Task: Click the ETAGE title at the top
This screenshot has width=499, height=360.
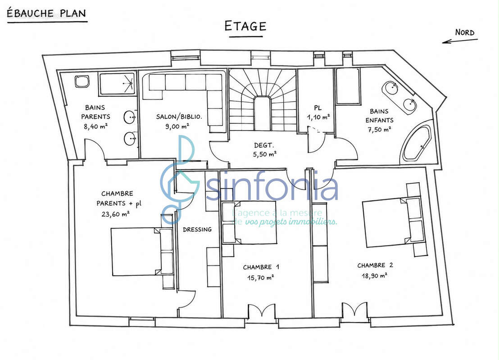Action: [x=245, y=26]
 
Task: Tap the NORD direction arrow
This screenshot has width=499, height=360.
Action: [x=460, y=41]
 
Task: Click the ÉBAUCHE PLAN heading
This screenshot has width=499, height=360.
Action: [x=46, y=13]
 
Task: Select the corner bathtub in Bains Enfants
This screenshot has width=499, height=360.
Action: [x=416, y=144]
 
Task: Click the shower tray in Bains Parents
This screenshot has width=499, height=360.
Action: [x=118, y=84]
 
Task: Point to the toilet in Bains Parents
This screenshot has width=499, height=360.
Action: [x=82, y=81]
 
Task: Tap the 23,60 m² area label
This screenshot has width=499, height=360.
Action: [x=116, y=214]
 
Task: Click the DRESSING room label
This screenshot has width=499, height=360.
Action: [x=197, y=229]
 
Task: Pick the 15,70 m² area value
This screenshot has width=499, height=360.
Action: [x=261, y=278]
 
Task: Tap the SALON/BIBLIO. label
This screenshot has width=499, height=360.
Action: [x=179, y=117]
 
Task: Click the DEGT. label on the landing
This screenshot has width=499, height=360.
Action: [x=264, y=145]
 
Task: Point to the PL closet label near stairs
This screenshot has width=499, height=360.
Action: [x=318, y=108]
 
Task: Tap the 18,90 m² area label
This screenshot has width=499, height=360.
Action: [x=374, y=275]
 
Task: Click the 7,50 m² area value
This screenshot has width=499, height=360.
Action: [x=379, y=130]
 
